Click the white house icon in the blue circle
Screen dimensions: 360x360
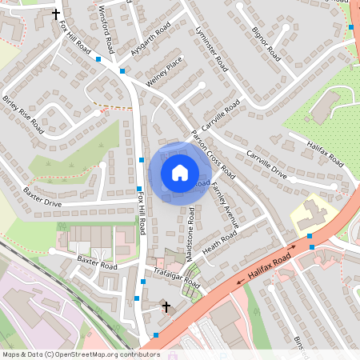pos(179,173)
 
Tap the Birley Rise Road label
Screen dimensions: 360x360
pos(23,114)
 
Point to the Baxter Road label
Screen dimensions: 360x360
pos(97,263)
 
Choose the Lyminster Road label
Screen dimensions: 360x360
pos(212,50)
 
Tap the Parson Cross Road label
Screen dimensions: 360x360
pos(214,154)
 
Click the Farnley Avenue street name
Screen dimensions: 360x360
pos(225,207)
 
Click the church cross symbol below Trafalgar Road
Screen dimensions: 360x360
pos(166,306)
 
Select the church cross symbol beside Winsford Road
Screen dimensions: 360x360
pos(56,14)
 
